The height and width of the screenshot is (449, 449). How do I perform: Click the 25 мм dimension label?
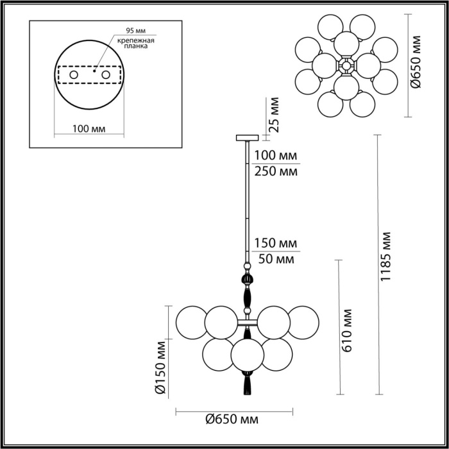point(275,114)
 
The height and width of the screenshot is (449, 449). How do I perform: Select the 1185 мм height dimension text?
point(386,255)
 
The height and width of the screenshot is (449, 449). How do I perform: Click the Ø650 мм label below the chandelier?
point(232,419)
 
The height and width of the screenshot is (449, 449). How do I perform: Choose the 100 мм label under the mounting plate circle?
point(89,129)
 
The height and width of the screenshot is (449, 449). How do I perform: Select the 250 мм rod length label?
point(276,171)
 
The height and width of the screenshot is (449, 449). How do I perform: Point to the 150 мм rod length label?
point(276,244)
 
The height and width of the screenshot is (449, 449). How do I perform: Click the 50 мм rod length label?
point(276,260)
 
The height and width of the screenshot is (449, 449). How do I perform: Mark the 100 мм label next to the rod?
point(276,156)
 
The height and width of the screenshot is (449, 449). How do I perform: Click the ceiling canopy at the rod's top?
point(247,137)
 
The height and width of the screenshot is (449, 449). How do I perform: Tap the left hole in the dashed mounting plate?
point(74,76)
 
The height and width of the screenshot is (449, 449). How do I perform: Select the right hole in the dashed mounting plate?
point(106,76)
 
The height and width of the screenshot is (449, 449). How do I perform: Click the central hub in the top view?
point(347,65)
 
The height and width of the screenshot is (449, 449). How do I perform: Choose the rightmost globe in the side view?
point(303,323)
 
